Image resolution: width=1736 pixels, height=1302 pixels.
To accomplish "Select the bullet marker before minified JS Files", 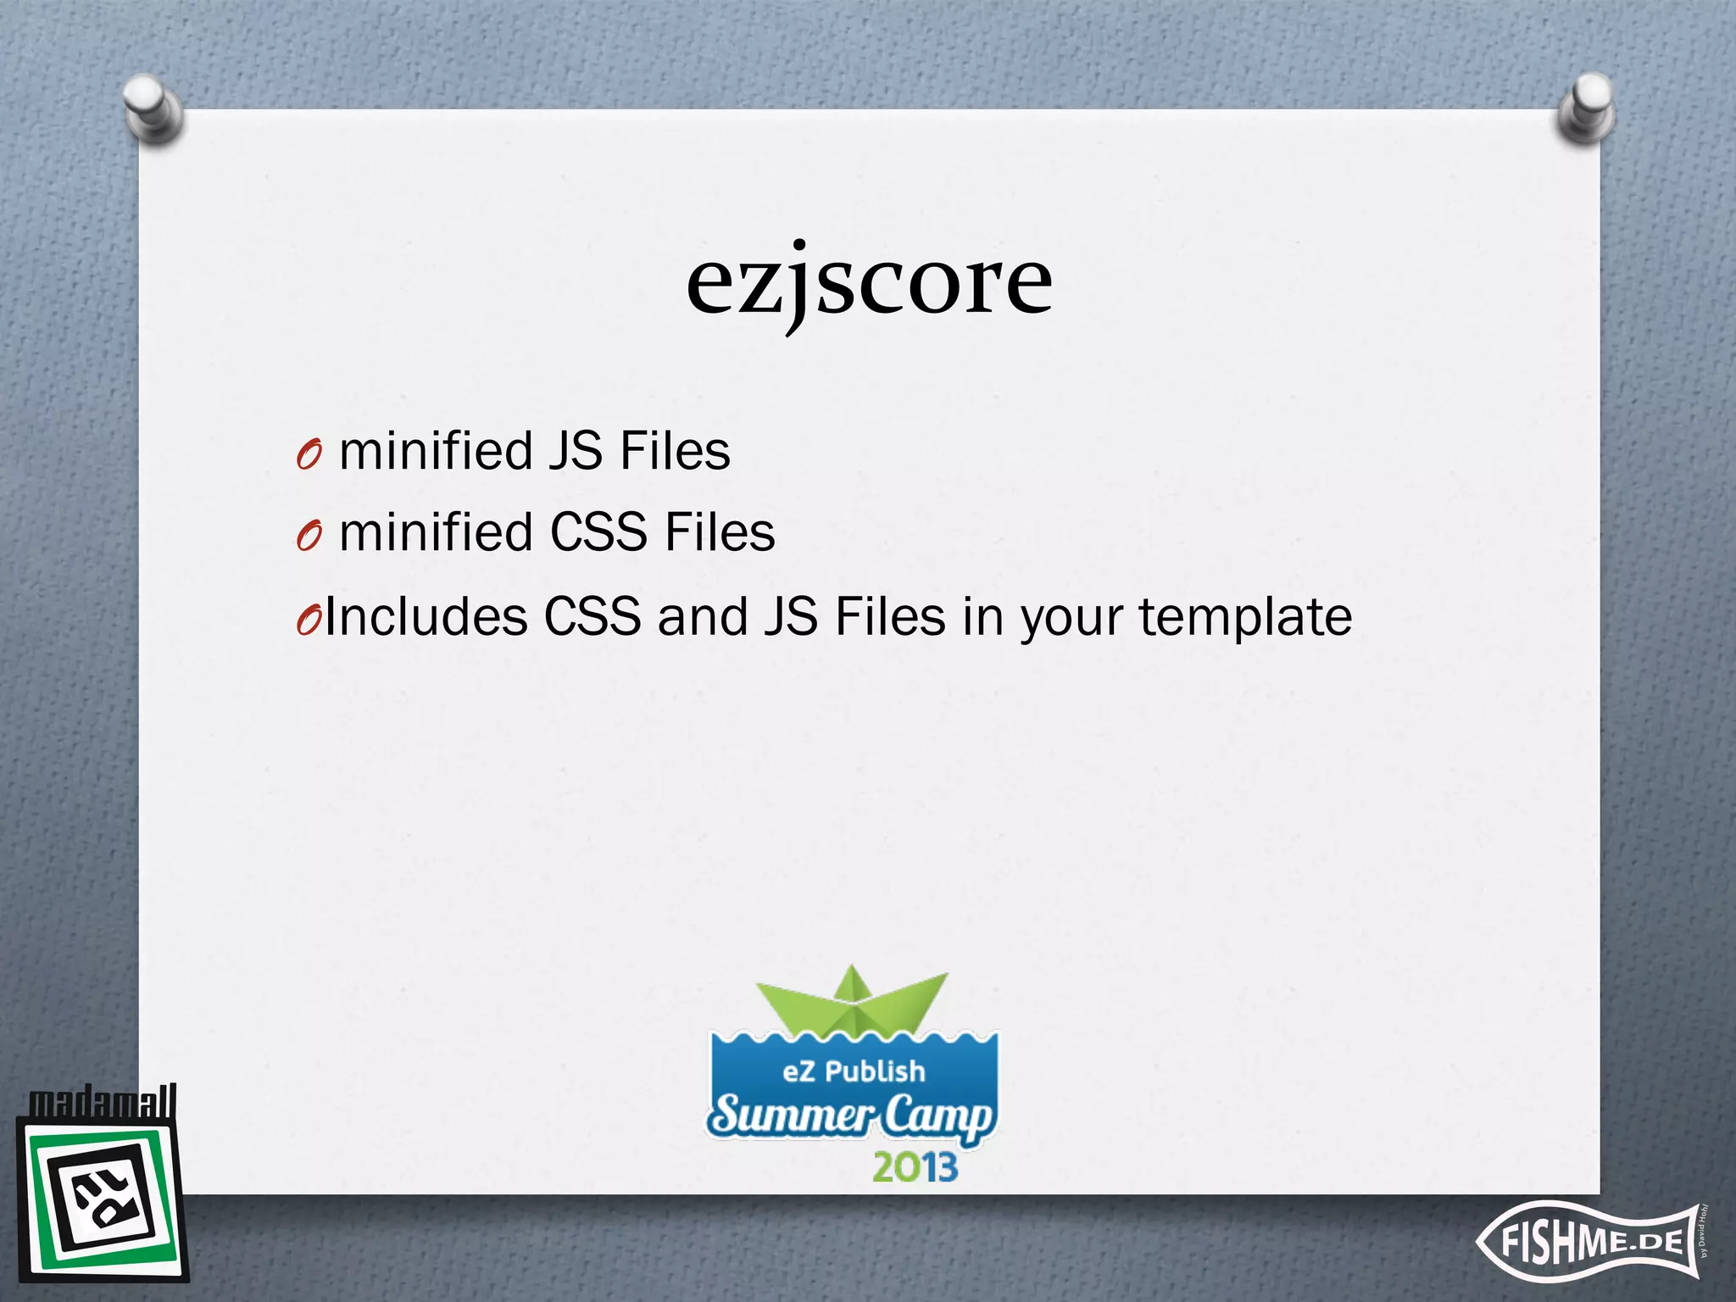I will pos(309,455).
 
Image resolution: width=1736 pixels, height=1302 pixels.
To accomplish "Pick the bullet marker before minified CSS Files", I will pos(309,536).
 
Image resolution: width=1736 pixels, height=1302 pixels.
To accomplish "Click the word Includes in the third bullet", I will pos(426,615).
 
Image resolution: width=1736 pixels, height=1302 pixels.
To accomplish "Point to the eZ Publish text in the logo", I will pos(854,1071).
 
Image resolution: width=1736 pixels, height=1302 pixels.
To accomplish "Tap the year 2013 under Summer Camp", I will pos(915,1167).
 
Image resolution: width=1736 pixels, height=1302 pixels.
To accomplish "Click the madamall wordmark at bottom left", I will pos(103,1102).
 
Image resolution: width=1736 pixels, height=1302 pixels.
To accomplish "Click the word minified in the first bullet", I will pos(436,450).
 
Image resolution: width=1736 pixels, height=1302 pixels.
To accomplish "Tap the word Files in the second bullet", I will pos(720,532).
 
